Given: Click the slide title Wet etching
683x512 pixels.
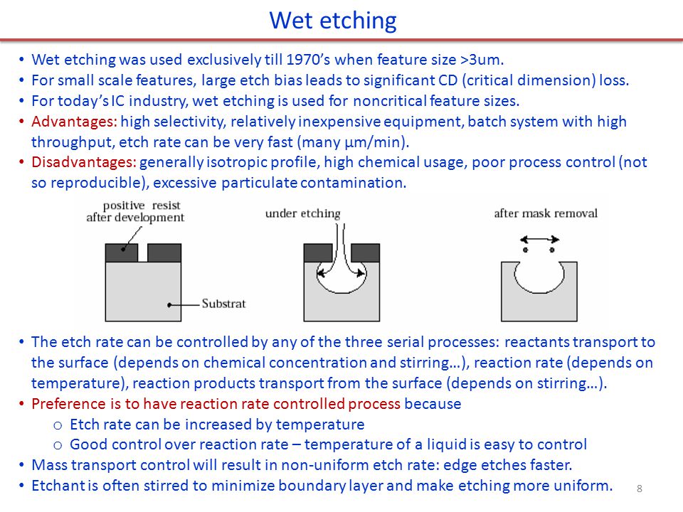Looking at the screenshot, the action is click(333, 21).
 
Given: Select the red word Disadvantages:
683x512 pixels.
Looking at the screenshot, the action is click(84, 162).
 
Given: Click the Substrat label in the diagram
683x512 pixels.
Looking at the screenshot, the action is click(223, 304).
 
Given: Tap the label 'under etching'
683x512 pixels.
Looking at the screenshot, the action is click(303, 213).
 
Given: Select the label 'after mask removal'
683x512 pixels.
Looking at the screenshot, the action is click(546, 213).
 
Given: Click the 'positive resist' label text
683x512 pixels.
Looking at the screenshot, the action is click(142, 205).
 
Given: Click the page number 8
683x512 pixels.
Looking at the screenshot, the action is click(640, 489).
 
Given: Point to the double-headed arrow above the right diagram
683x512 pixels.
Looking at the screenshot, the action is click(540, 240).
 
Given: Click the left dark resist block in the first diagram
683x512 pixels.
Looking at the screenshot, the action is click(122, 253).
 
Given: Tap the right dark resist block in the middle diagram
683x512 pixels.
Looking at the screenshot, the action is click(365, 253).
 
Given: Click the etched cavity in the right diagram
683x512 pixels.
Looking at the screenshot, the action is click(539, 291).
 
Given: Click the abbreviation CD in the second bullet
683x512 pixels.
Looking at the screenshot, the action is click(451, 80).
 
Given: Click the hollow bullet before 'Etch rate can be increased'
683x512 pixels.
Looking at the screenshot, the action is click(58, 425).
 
